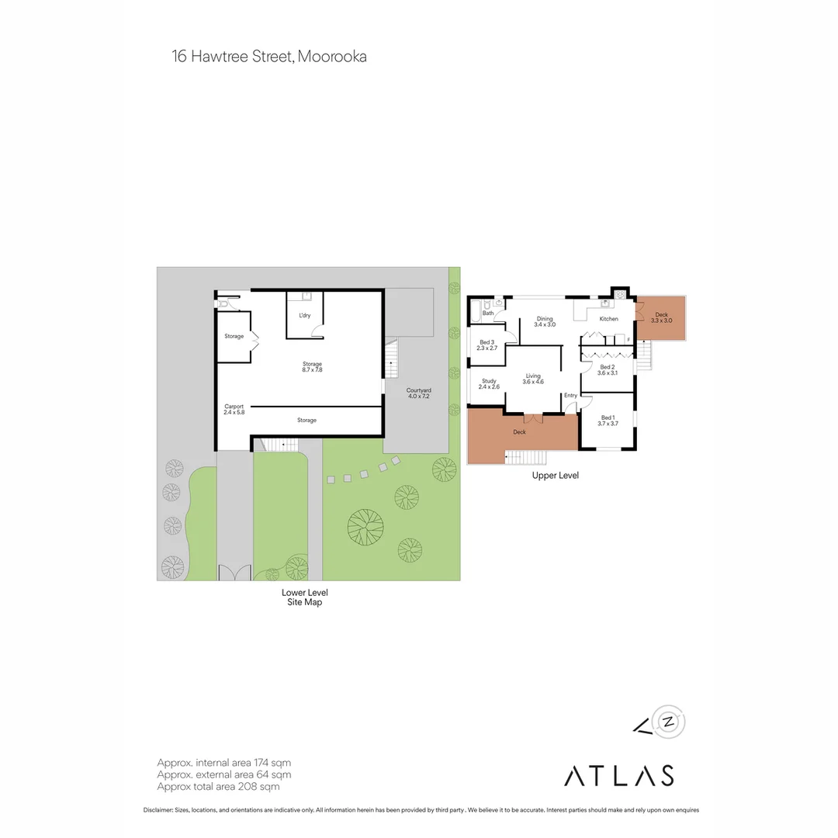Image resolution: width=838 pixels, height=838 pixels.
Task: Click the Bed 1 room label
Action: tap(607, 417)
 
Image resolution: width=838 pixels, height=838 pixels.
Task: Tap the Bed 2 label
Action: tap(608, 367)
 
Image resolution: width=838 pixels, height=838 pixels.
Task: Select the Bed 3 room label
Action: tap(487, 342)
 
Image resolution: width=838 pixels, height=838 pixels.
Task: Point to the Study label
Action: tap(489, 380)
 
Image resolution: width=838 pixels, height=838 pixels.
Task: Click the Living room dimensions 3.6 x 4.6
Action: tap(533, 382)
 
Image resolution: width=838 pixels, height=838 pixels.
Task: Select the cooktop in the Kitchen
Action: tap(620, 295)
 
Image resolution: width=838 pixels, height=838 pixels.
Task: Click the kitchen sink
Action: tap(602, 304)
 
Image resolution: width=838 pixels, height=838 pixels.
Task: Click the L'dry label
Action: tap(305, 316)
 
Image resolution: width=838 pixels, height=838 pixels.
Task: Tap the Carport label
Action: tap(234, 407)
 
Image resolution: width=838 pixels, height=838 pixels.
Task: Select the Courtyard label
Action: tap(419, 390)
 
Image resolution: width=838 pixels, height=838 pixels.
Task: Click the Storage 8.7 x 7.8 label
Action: tap(312, 364)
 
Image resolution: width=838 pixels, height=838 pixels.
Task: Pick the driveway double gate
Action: tap(234, 573)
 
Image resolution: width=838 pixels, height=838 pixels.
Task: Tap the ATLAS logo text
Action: tap(618, 775)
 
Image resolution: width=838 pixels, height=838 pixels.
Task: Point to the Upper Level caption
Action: tap(555, 476)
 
